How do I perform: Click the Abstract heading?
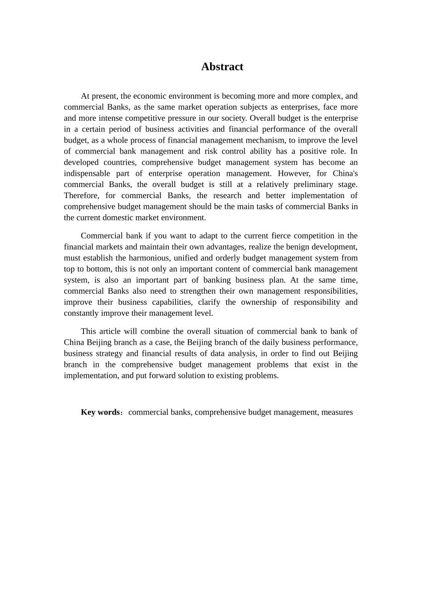222,67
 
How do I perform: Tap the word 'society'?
233,118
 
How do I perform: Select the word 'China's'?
345,174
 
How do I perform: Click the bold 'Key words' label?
100,412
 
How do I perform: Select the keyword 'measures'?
337,412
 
